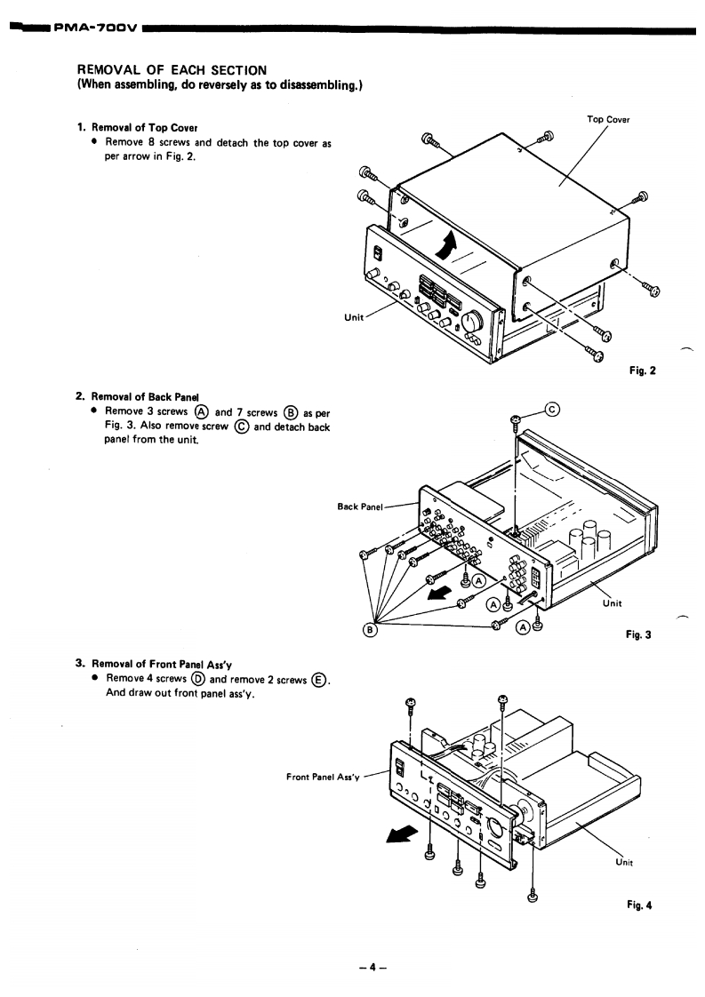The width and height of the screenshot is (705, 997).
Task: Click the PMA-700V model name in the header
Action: tap(95, 28)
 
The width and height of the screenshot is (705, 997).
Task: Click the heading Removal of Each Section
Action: tap(172, 70)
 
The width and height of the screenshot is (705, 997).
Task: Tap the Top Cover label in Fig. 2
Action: tap(608, 120)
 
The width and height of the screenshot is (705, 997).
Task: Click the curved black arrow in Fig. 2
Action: tap(447, 244)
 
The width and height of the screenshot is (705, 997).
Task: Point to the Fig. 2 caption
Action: tap(642, 371)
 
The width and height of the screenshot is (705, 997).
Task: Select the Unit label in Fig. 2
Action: tap(354, 317)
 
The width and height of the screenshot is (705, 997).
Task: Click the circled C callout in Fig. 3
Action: tap(553, 411)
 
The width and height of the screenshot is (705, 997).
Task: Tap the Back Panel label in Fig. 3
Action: tap(360, 506)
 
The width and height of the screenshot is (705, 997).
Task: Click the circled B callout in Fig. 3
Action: tap(369, 630)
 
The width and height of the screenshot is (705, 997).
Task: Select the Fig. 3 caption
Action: tap(638, 634)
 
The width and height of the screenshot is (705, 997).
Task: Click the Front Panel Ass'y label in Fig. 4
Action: tap(323, 777)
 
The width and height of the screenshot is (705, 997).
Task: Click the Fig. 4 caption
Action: tap(639, 905)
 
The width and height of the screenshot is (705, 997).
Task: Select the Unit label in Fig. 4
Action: tap(624, 862)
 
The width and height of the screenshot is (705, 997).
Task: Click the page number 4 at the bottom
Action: tap(373, 968)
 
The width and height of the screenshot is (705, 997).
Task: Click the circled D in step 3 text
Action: tap(198, 679)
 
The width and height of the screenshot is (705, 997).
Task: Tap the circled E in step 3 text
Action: tap(318, 681)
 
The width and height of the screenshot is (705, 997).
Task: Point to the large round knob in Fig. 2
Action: tap(473, 322)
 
